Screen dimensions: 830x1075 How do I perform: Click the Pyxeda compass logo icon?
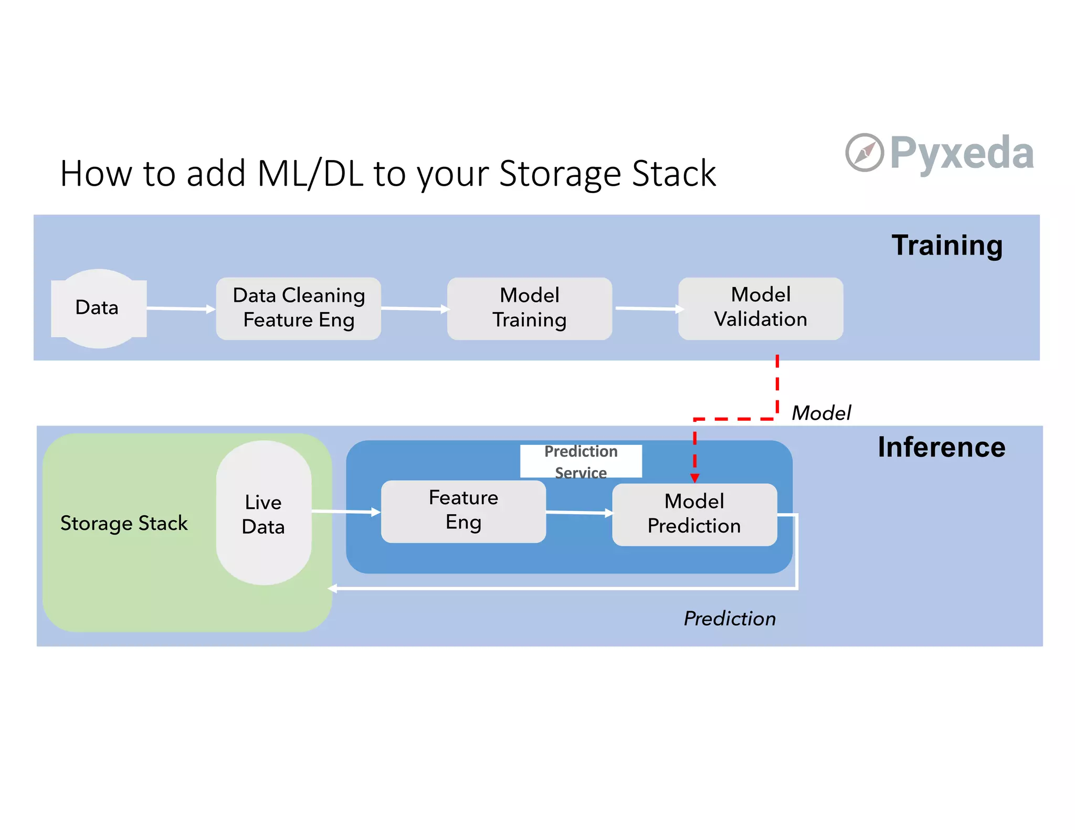(x=864, y=153)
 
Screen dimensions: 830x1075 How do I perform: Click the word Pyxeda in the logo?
(x=962, y=153)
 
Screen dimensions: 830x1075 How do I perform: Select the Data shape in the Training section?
(x=98, y=308)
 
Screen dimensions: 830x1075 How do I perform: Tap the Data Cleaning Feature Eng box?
(x=298, y=308)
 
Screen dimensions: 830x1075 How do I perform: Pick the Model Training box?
(x=529, y=308)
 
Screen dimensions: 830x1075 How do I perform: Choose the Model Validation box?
(x=760, y=308)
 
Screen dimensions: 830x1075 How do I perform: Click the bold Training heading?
(x=946, y=245)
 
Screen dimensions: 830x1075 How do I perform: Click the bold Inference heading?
(x=941, y=448)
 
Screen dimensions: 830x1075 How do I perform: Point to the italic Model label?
(x=821, y=413)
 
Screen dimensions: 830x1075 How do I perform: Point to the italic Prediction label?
(x=729, y=619)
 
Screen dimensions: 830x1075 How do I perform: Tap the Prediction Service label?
(x=581, y=461)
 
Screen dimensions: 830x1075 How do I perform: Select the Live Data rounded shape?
(x=264, y=513)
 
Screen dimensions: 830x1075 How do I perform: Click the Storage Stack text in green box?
(x=124, y=523)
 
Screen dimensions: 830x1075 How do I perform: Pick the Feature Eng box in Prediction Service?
(x=463, y=510)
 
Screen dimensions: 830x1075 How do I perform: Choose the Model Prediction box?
(x=694, y=514)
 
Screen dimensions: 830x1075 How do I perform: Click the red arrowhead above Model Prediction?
(x=694, y=478)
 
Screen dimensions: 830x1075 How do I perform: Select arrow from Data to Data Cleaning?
(x=181, y=308)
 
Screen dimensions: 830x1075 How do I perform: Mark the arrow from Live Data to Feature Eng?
(x=346, y=512)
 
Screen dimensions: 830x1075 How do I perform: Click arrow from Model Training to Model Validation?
(x=649, y=309)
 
